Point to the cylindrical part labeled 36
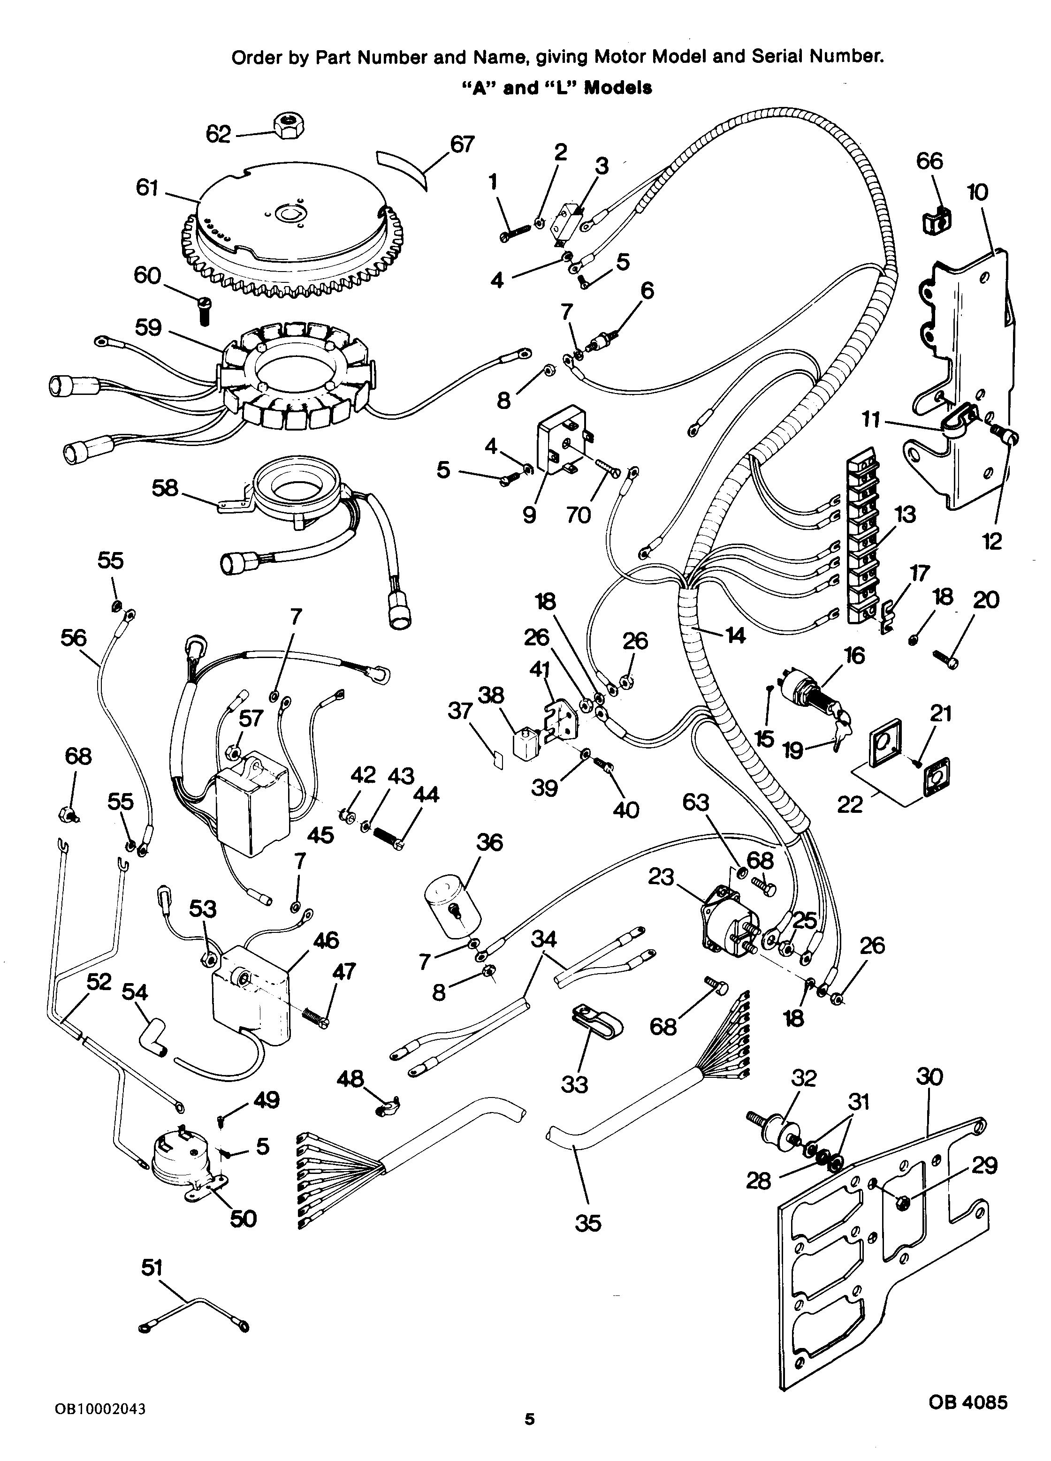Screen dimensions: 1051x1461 452,909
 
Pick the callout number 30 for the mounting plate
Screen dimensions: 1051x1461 929,1076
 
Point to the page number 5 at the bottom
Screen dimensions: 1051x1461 530,1435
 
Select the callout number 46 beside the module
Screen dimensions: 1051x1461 326,940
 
